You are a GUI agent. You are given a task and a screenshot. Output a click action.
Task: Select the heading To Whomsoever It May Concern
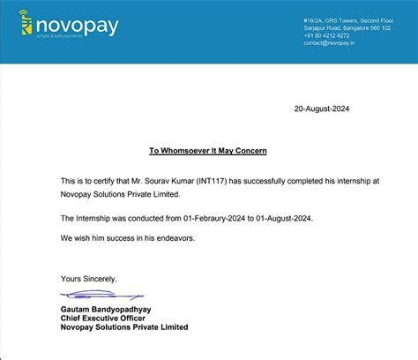point(208,152)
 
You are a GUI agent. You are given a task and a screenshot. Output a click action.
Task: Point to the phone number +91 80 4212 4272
point(352,35)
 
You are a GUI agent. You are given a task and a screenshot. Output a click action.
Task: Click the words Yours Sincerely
point(88,279)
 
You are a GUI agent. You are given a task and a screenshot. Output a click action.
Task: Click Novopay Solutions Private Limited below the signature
point(124,327)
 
